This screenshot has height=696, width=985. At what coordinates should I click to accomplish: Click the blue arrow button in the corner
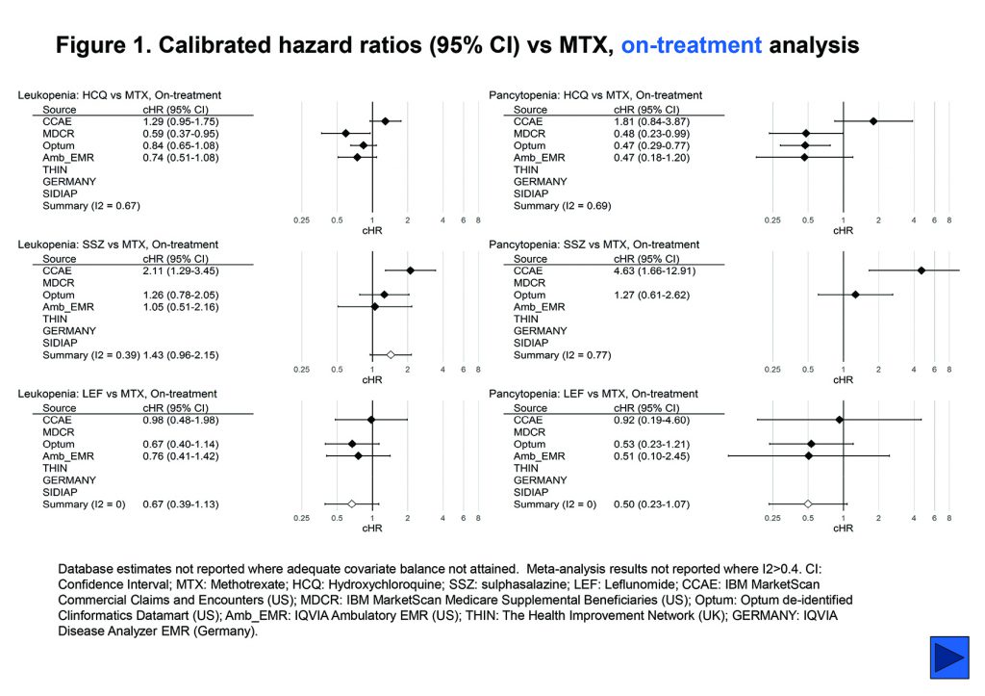coord(948,657)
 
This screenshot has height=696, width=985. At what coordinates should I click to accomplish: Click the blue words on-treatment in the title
coord(692,45)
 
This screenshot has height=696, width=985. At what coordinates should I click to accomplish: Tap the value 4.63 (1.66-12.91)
coord(654,271)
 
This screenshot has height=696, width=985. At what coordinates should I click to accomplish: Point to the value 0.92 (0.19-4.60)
coord(651,420)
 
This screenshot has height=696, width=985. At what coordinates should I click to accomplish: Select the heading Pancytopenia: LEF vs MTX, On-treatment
coord(594,394)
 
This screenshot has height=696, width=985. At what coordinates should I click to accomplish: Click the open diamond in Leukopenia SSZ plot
coord(391,355)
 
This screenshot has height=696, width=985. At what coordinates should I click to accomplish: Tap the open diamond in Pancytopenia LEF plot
coord(808,503)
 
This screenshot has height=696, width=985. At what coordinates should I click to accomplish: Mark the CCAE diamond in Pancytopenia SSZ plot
coord(921,271)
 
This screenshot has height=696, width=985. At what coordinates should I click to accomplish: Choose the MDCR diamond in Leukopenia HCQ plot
coord(345,133)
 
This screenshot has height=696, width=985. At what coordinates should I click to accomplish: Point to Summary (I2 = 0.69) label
coord(563,206)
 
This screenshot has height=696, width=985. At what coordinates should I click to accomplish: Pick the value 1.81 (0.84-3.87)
coord(651,121)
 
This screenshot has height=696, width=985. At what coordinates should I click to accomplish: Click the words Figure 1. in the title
coord(101,45)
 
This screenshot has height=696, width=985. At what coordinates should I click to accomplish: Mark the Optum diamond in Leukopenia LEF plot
coord(352,444)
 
